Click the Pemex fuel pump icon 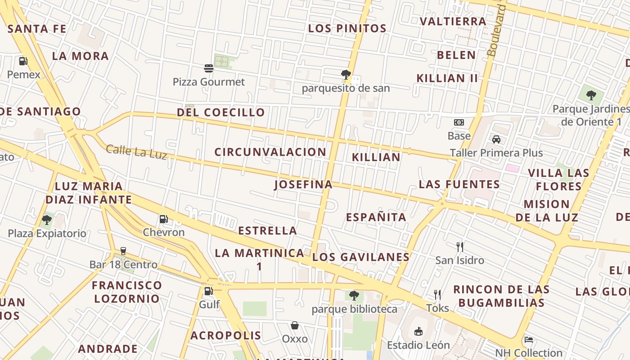click(x=23, y=61)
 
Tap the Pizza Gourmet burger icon click(x=209, y=68)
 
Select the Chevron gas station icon click(x=164, y=219)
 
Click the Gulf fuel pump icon click(x=208, y=291)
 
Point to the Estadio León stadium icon click(x=418, y=332)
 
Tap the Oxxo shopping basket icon click(x=295, y=325)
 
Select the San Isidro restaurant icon click(x=459, y=247)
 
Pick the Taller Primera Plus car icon click(x=496, y=139)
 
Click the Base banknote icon click(x=459, y=122)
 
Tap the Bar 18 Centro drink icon click(x=123, y=251)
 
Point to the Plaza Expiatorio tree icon click(x=46, y=220)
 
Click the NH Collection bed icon click(x=529, y=340)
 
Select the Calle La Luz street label click(x=136, y=152)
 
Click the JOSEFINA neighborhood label click(x=303, y=184)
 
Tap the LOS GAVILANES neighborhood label click(x=361, y=257)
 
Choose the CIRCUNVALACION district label click(x=270, y=152)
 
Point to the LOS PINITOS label click(x=347, y=28)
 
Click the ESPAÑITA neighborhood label click(x=376, y=217)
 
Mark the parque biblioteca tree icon click(x=354, y=296)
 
